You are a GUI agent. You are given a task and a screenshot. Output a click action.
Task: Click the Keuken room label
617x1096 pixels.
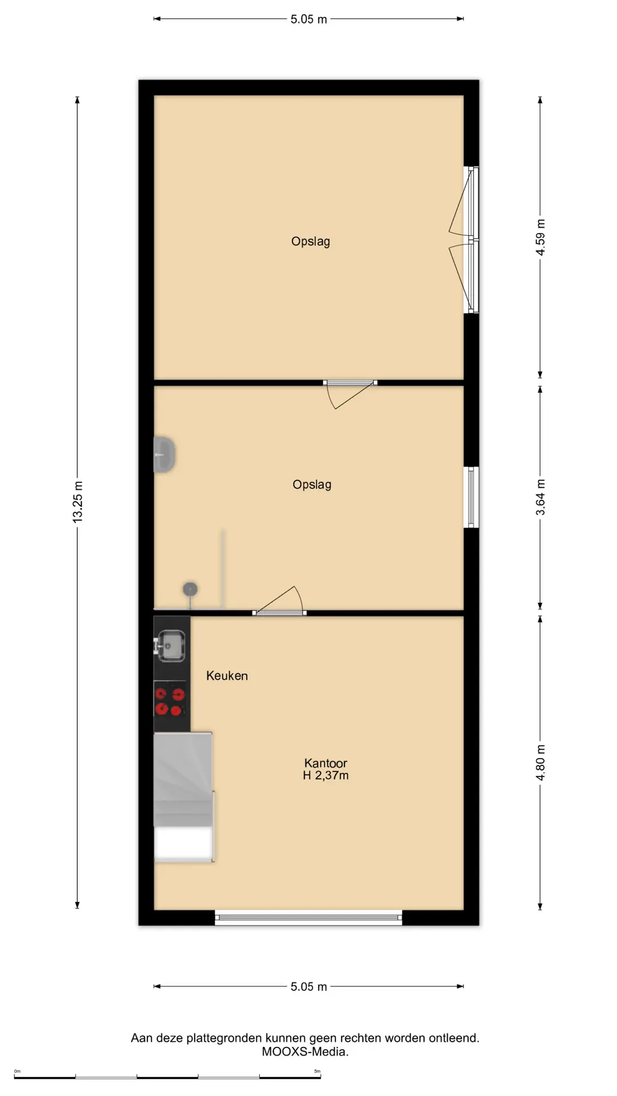pos(227,676)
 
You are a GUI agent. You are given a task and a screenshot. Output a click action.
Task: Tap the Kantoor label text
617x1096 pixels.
pos(326,763)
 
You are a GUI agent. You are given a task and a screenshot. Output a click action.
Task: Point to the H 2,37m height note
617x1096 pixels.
pos(326,775)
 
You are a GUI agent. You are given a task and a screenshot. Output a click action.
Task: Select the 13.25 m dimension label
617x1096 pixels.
pos(78,502)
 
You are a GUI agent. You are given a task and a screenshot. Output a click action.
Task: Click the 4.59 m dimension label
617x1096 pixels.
pos(540,237)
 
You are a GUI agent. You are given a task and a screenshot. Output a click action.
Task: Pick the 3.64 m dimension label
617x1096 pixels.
pos(540,497)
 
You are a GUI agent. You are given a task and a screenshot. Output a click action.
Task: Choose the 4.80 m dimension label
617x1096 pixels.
pos(540,763)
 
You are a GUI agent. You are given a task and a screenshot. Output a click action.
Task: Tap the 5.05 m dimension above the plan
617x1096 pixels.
pos(308,19)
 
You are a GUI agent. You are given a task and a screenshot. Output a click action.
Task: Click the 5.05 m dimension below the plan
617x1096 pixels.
pos(308,986)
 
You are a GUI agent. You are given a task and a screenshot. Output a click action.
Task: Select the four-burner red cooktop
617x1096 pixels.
pos(170,702)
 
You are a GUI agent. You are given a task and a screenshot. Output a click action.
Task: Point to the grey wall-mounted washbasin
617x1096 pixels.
pos(164,454)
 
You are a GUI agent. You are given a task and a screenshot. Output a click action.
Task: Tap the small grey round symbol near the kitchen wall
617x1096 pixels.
pos(190,589)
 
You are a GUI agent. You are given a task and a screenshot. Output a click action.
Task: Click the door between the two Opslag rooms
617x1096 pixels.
pos(350,394)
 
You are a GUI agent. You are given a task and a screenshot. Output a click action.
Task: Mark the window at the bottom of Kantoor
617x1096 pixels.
pos(308,917)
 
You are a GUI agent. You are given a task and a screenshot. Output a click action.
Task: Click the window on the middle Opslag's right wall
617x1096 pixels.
pos(471,497)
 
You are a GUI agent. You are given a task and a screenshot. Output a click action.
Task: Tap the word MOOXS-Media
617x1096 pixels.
pos(305,1051)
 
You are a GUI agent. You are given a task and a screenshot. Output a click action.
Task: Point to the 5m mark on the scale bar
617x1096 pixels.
pos(318,1071)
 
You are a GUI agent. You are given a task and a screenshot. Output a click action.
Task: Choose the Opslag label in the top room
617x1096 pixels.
pos(311,241)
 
